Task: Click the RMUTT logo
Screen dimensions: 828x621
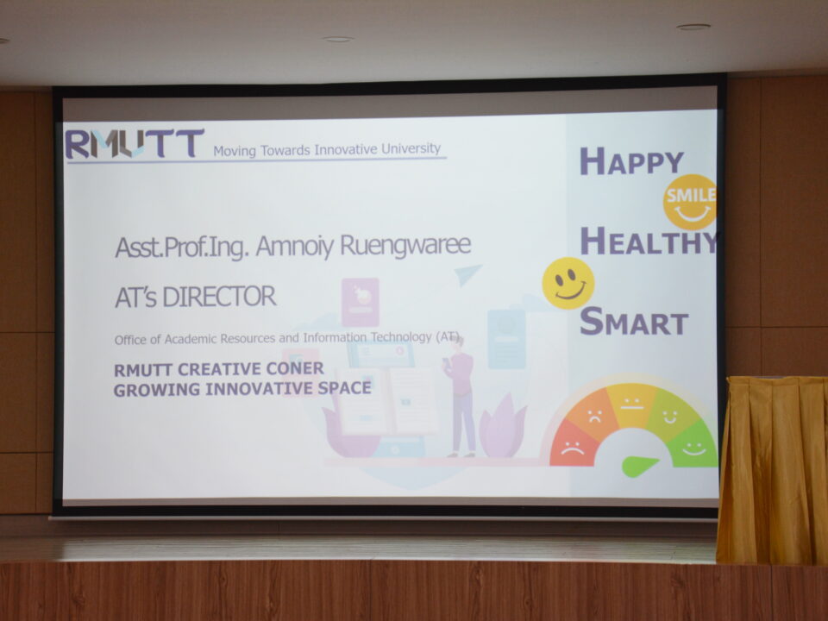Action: (135, 143)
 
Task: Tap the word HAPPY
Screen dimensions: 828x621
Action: (631, 161)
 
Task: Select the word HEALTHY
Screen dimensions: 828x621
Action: (649, 241)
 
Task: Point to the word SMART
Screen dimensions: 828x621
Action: (634, 321)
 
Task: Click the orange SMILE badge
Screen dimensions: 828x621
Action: (690, 202)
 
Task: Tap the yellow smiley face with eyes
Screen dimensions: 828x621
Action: (568, 283)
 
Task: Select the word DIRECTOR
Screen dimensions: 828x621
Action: (219, 296)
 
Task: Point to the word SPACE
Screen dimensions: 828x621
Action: (344, 388)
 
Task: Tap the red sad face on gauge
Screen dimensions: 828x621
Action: (573, 448)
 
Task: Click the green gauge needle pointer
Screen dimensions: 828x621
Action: (639, 466)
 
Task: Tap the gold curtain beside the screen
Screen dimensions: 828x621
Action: (772, 470)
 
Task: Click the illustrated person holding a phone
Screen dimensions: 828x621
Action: (461, 396)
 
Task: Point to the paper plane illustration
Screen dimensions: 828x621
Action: (467, 274)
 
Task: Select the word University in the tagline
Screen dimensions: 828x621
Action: (411, 149)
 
